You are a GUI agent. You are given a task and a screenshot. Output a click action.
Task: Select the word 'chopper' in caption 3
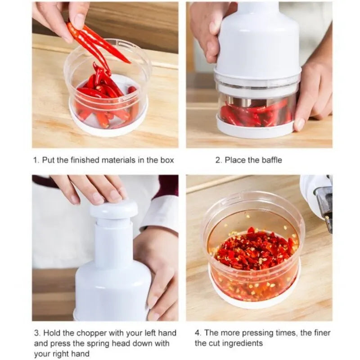(x=90, y=333)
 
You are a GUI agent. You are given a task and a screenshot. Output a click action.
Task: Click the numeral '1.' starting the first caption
(x=36, y=160)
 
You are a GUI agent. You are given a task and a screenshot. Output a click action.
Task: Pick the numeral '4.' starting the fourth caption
(x=198, y=333)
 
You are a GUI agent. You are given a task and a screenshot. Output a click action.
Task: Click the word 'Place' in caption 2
(x=235, y=160)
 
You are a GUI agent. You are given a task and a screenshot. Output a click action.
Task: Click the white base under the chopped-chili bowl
(x=254, y=295)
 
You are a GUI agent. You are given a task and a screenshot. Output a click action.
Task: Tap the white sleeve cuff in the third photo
(x=160, y=211)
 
